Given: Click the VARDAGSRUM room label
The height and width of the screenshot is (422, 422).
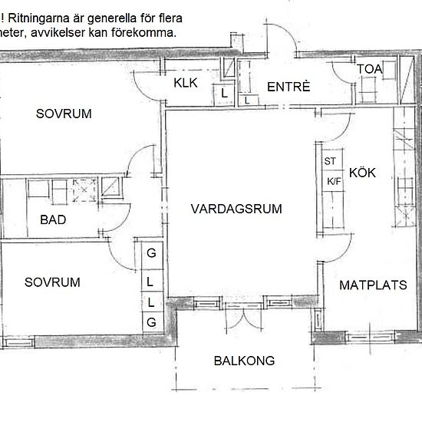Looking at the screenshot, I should coord(237,209).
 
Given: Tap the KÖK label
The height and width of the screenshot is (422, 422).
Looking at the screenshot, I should coord(362,173).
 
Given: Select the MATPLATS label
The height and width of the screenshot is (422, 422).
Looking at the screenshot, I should coord(373,285).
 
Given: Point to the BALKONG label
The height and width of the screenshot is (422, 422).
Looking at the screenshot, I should coord(244,361).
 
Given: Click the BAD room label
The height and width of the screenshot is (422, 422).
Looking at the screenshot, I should coord(52,221).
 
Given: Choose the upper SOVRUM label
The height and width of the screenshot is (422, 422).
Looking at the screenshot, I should coord(64,114).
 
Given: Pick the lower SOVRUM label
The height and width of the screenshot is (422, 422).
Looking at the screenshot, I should coord(52,282).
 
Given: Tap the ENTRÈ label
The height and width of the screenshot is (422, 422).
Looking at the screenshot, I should coord(288,87).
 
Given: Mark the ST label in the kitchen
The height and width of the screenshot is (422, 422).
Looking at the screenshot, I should coord(331,161).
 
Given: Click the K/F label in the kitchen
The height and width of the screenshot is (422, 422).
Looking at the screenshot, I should coord(334,182).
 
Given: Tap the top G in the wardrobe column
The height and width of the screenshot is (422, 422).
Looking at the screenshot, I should coord(151,253).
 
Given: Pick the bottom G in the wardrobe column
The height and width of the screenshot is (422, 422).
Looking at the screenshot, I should coord(151,320).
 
